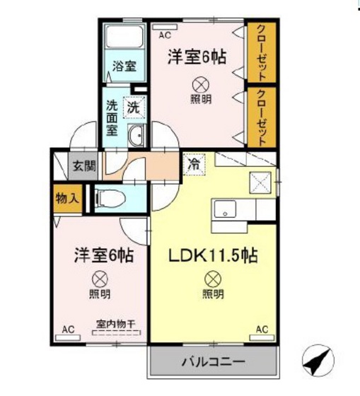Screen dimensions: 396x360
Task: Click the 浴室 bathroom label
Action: coord(124,69)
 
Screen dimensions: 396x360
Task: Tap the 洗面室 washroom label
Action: coord(112,117)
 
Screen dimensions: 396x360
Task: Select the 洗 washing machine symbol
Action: coord(133,107)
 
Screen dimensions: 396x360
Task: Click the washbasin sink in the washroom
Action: coord(137,136)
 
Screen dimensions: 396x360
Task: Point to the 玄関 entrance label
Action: coord(83,167)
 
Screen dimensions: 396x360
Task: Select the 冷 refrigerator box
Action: coord(193,163)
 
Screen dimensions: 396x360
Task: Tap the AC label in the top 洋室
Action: coord(164,35)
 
